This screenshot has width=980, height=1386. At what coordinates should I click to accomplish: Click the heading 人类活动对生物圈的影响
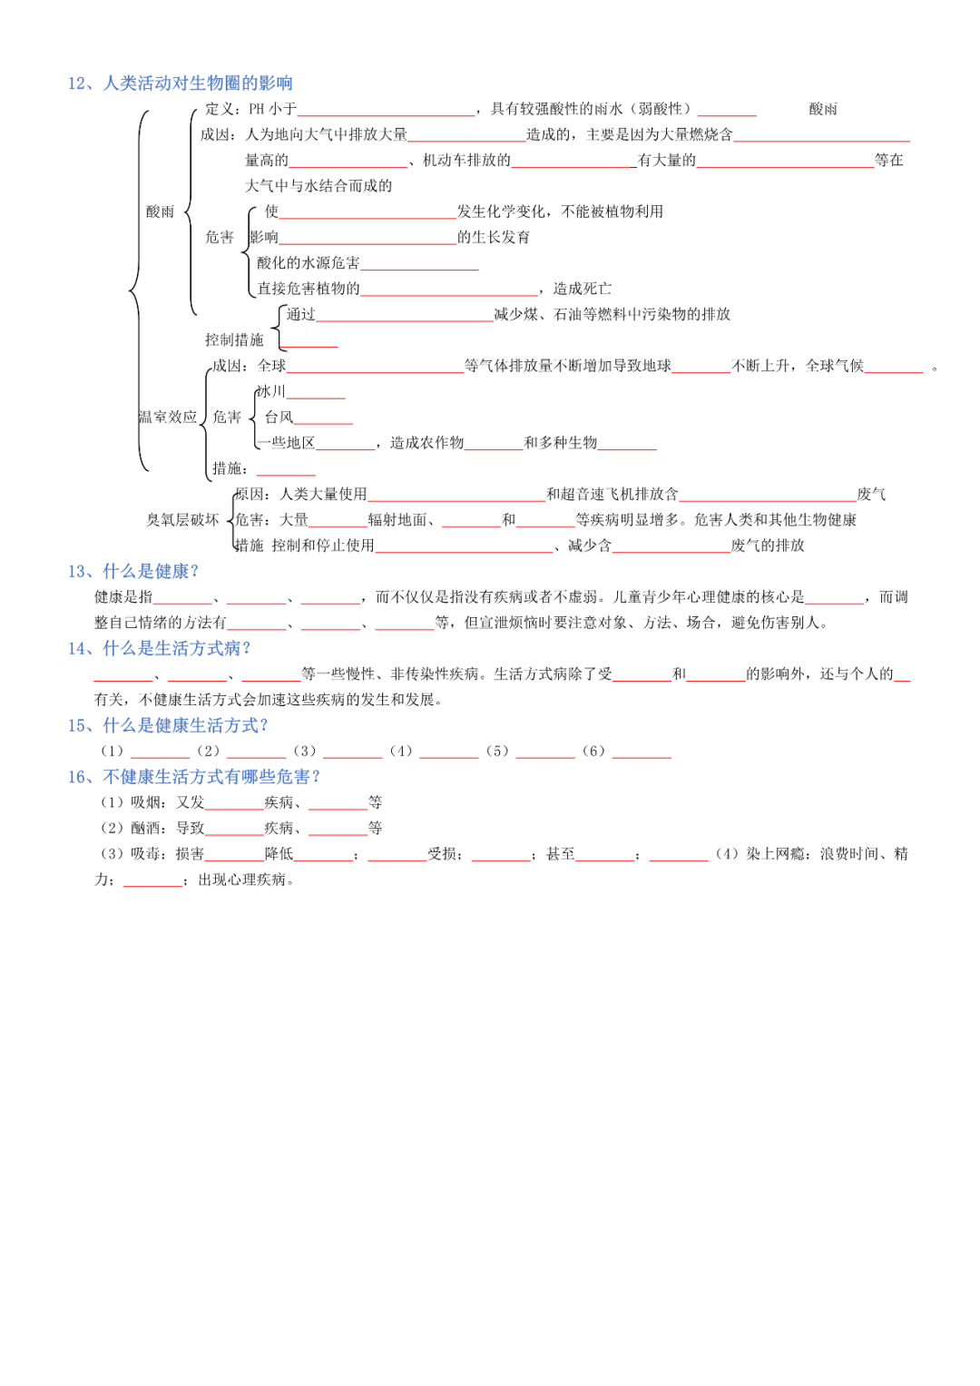pyautogui.click(x=197, y=84)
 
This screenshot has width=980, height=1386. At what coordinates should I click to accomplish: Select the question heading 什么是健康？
pyautogui.click(x=151, y=571)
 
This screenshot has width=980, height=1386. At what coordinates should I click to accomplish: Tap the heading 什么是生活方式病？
pyautogui.click(x=177, y=648)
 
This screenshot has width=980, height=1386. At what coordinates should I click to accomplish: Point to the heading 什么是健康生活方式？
pyautogui.click(x=185, y=725)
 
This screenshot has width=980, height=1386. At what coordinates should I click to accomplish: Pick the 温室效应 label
pyautogui.click(x=168, y=418)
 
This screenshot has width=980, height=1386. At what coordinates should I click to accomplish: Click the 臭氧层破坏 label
pyautogui.click(x=183, y=520)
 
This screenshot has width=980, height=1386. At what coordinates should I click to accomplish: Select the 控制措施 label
pyautogui.click(x=234, y=340)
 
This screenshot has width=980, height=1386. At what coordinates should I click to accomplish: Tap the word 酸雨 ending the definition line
pyautogui.click(x=823, y=109)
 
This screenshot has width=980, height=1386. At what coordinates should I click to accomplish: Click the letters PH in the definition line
pyautogui.click(x=257, y=109)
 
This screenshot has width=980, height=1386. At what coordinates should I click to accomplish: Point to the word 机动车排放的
pyautogui.click(x=466, y=161)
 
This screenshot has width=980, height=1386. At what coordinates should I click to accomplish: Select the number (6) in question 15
pyautogui.click(x=593, y=752)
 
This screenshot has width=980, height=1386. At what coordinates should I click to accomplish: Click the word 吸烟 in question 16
pyautogui.click(x=145, y=802)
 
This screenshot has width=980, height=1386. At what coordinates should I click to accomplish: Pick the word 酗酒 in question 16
pyautogui.click(x=145, y=828)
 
